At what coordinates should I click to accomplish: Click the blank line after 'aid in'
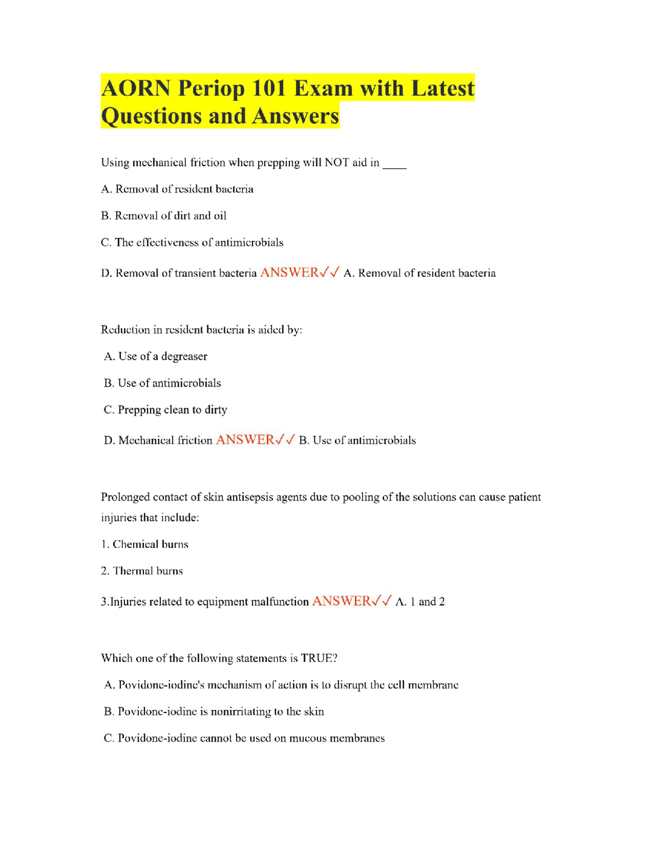point(394,164)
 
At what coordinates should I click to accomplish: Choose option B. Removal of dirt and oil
point(164,216)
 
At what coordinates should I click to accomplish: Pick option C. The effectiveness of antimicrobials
point(192,243)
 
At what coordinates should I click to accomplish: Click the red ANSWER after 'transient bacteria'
point(289,273)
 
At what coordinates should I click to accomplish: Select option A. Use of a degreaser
point(156,356)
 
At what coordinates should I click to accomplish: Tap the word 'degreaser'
point(184,357)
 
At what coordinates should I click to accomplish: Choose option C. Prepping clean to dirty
point(165,410)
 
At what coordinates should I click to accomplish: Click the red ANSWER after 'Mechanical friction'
point(245,440)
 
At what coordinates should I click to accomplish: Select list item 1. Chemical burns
point(145,544)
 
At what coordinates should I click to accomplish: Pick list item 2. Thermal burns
point(142,571)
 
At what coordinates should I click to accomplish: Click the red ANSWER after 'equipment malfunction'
point(341,601)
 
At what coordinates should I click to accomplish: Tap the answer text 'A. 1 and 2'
point(420,602)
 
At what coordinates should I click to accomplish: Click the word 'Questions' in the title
point(152,116)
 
